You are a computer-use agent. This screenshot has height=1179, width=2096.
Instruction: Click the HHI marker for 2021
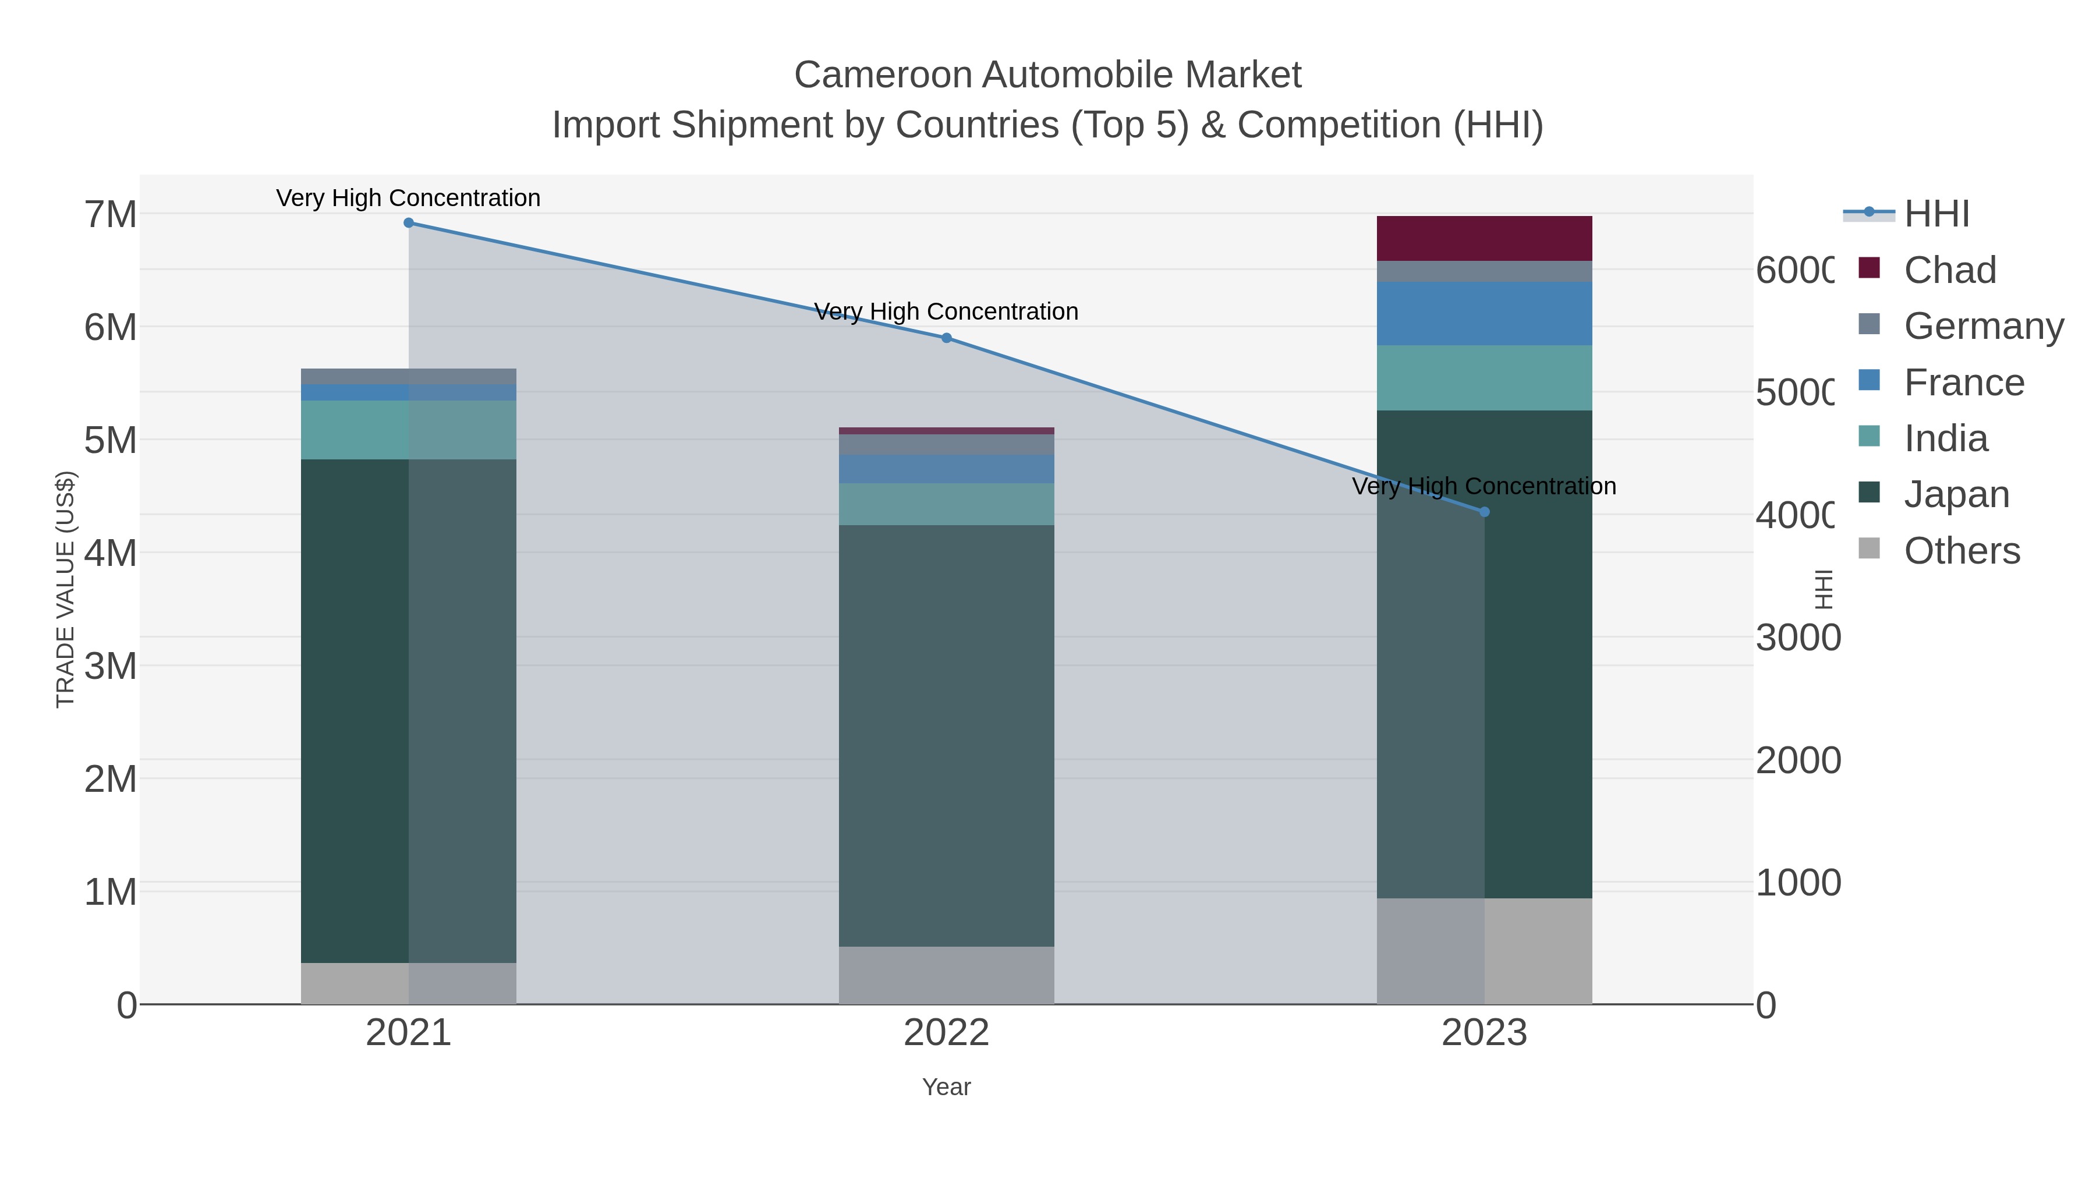[409, 223]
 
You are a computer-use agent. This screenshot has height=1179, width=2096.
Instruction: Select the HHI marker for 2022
[946, 338]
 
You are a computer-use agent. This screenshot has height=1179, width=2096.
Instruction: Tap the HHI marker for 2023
[1484, 512]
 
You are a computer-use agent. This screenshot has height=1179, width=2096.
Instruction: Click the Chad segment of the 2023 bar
[1484, 238]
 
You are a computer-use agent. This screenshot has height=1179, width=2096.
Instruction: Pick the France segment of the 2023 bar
[1484, 313]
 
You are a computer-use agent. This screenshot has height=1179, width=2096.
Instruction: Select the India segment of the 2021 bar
[409, 430]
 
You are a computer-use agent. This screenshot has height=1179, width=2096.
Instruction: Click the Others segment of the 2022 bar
[946, 975]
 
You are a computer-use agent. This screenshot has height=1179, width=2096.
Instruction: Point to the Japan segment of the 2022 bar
[946, 735]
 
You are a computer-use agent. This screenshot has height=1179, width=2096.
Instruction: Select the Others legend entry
[1961, 551]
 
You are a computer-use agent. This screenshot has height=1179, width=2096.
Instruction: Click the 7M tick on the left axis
[111, 215]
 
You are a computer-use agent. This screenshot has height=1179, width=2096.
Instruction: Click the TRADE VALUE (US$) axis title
[65, 589]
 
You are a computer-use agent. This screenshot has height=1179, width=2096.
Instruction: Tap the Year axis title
[946, 1087]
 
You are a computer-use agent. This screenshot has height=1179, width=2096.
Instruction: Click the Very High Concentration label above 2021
[409, 198]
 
